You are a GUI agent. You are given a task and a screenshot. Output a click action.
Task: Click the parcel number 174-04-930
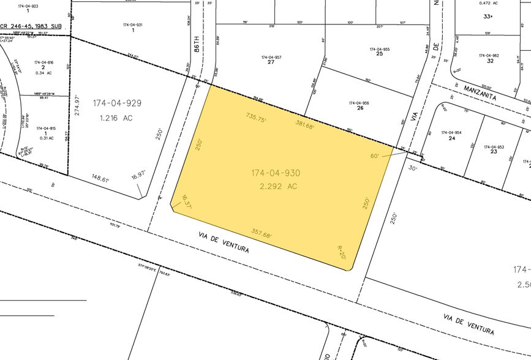(275, 173)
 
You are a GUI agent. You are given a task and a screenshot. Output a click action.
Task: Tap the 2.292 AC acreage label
(276, 186)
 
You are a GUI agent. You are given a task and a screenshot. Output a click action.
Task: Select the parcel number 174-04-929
(117, 103)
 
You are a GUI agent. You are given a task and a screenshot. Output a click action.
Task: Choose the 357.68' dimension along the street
(262, 233)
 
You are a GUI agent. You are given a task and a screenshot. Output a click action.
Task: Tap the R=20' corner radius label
(342, 252)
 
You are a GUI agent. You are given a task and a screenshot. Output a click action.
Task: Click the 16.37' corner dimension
(186, 202)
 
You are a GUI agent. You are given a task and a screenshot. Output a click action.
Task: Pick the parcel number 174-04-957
(271, 58)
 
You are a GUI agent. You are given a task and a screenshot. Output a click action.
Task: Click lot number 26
(360, 108)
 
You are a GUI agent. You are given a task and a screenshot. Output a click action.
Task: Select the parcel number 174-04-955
(380, 49)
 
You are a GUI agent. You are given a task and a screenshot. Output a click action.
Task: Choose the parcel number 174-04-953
(494, 146)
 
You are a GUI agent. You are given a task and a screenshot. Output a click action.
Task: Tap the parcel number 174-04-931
(132, 24)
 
